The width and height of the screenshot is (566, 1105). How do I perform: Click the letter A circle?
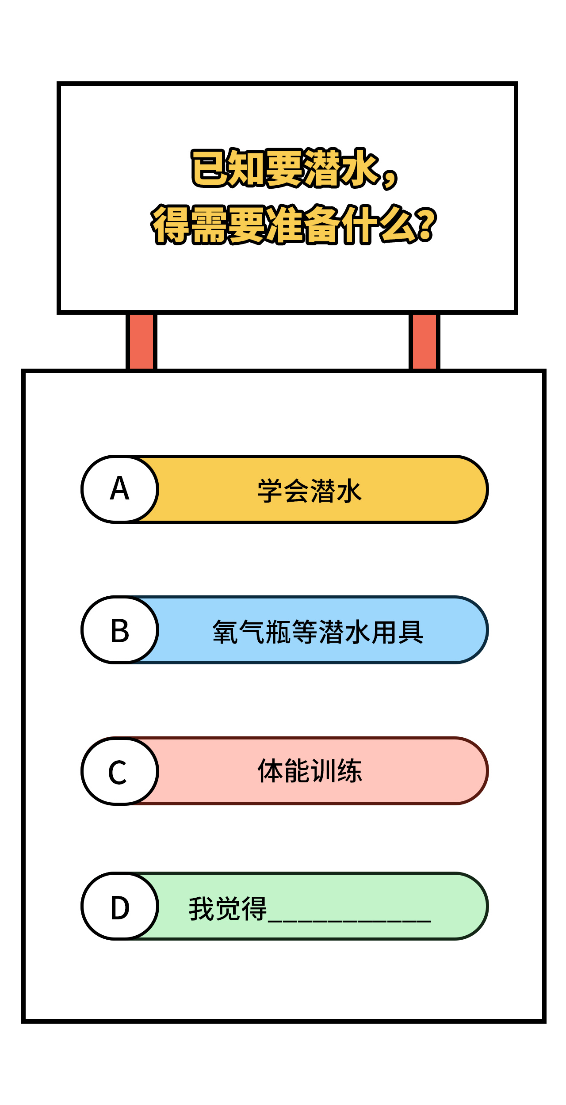pyautogui.click(x=120, y=489)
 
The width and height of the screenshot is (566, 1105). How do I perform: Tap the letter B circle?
pyautogui.click(x=120, y=630)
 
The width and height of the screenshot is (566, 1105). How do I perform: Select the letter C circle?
pyautogui.click(x=120, y=771)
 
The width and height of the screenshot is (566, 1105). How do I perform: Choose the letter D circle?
pyautogui.click(x=120, y=906)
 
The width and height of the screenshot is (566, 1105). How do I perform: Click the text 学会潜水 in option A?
pyautogui.click(x=310, y=491)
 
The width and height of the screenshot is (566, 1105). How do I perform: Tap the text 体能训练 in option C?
pyautogui.click(x=310, y=771)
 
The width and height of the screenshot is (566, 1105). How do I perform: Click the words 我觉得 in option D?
pyautogui.click(x=228, y=909)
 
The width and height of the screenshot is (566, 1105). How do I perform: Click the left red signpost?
pyautogui.click(x=141, y=341)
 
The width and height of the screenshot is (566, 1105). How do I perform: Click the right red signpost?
pyautogui.click(x=424, y=341)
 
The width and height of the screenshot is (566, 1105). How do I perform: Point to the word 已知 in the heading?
pyautogui.click(x=228, y=168)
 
